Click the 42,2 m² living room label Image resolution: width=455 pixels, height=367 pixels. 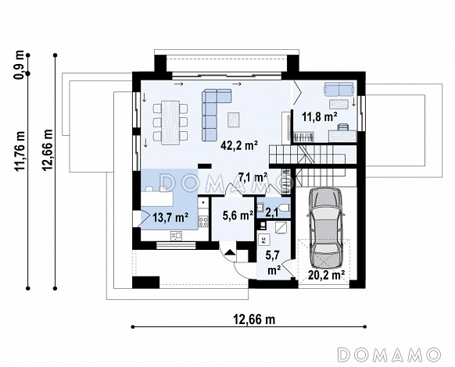coord(239,145)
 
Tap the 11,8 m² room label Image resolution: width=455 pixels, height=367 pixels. coord(320,117)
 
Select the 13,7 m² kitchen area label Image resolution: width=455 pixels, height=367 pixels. coord(170,217)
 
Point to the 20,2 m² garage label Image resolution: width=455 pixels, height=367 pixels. coord(327,275)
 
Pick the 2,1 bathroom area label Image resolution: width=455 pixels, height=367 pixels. coord(272,212)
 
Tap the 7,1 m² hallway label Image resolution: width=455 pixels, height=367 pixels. coord(253,176)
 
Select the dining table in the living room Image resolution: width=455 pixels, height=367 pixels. coord(170,123)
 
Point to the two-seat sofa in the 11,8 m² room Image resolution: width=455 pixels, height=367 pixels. coord(339,89)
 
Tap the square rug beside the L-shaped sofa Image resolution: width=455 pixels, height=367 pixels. coord(234,119)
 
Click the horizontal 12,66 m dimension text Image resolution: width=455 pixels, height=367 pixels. coord(254,319)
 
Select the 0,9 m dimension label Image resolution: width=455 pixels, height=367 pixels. coord(20,65)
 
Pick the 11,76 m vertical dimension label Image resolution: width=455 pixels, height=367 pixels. coord(20,151)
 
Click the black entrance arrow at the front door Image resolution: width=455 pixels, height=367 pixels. coord(231,252)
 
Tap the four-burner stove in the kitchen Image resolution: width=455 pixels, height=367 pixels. coord(203,222)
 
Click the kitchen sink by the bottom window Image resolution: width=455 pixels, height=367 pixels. coord(176,236)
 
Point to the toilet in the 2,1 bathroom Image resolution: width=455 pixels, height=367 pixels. coord(285,208)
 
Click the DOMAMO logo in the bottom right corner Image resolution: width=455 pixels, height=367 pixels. coord(389,355)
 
